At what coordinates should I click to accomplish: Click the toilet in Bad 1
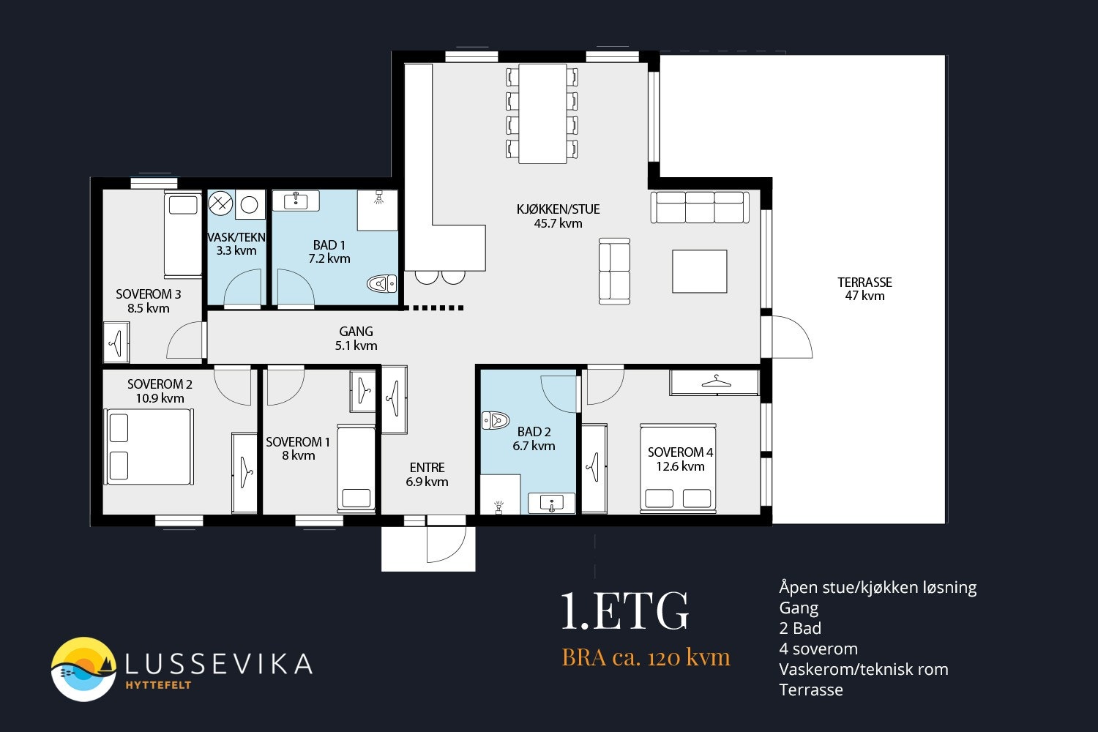point(382,283)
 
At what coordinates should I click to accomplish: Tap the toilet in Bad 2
point(496,420)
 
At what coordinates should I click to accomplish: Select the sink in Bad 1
point(296,201)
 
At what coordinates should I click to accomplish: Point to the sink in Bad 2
point(551,503)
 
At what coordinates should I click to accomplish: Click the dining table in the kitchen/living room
point(542,113)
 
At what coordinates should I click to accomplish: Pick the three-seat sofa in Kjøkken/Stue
point(700,207)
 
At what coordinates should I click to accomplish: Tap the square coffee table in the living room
point(700,271)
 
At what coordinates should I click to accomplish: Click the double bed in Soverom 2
point(149,447)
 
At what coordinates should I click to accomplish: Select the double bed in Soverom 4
point(678,468)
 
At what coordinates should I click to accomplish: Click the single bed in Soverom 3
point(183,234)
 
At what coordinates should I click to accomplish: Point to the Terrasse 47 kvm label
point(864,289)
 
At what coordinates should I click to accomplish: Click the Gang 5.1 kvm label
point(356,338)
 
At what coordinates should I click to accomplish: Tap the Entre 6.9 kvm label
point(427,474)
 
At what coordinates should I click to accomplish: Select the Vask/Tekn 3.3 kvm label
point(236,244)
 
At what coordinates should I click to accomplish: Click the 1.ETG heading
point(624,610)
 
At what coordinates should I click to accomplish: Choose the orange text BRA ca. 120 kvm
point(646,657)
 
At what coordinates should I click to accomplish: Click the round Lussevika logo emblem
point(83,669)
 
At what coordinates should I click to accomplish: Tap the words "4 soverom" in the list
point(818,649)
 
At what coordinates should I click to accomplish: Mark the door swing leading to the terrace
point(791,337)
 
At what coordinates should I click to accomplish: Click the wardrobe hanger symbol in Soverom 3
point(116,343)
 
